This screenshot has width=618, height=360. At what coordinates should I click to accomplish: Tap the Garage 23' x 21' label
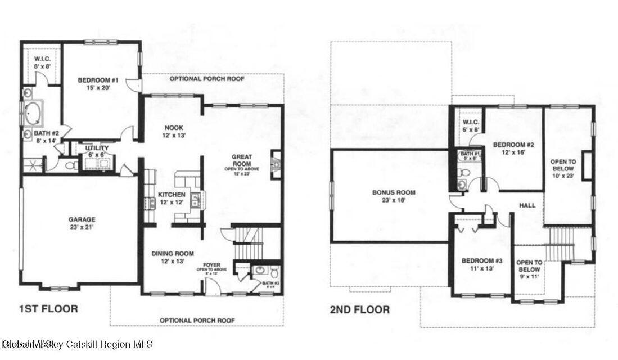pos(83,223)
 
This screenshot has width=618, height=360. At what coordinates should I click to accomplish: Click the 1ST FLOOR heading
pos(48,309)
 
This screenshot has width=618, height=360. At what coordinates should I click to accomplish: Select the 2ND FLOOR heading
pos(359,309)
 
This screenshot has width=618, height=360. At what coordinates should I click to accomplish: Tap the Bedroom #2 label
pos(512,148)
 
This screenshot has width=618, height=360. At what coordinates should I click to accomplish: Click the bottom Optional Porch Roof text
pos(197,320)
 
